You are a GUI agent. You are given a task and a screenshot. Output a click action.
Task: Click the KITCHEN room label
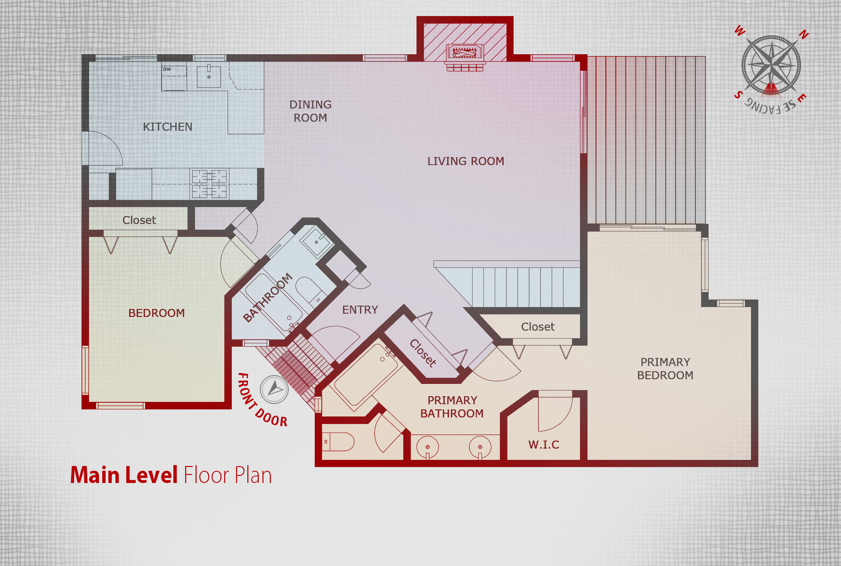click(x=168, y=127)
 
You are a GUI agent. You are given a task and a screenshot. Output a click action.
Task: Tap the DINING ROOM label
click(x=310, y=111)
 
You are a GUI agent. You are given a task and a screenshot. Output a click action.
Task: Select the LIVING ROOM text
click(x=465, y=161)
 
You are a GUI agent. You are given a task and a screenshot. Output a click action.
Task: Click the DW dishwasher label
click(x=167, y=69)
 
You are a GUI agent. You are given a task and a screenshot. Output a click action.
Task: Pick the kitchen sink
click(x=209, y=75)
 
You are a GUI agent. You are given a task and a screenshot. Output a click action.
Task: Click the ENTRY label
click(x=360, y=310)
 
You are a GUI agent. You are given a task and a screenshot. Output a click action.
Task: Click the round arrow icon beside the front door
click(x=274, y=390)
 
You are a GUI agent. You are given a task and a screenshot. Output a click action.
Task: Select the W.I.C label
click(x=544, y=445)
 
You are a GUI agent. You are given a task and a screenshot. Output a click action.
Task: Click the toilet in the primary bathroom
click(x=338, y=442)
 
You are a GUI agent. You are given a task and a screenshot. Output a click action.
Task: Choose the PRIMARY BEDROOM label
click(x=665, y=369)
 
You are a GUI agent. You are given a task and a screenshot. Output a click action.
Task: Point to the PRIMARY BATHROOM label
click(x=452, y=407)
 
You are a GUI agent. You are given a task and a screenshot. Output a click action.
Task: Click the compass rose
click(x=771, y=65)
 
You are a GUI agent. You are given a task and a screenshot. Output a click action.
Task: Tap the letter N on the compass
click(x=804, y=34)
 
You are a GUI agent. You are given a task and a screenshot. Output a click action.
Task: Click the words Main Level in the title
click(x=124, y=475)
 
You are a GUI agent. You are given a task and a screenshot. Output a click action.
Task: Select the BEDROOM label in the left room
click(x=156, y=313)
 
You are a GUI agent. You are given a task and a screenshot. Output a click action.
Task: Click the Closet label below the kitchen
click(x=139, y=220)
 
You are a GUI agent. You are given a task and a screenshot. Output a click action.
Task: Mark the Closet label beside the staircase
click(x=538, y=327)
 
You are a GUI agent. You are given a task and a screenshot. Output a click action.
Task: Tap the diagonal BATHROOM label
click(x=268, y=298)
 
